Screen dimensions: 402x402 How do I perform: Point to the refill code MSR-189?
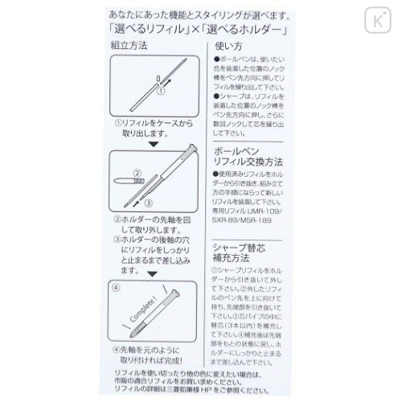[x=277, y=220]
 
